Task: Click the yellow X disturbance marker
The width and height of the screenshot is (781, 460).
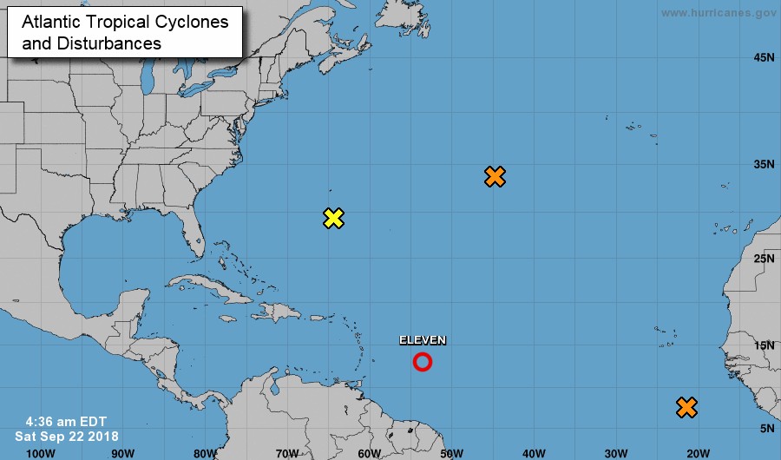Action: pos(333,218)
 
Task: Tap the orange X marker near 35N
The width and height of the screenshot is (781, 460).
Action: pos(495,176)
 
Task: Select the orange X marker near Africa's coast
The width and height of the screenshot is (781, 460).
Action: pos(686,406)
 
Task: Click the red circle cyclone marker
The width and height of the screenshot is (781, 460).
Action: pos(422,362)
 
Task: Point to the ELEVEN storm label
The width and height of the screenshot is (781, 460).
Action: pos(422,340)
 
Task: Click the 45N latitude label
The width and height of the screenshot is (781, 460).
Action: pos(764,58)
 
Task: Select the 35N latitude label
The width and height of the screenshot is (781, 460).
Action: pos(764,163)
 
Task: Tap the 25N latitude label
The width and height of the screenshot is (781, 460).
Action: pos(764,259)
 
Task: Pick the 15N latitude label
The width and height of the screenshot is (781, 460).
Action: pos(764,345)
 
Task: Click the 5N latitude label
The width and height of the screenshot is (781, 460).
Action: pos(767,428)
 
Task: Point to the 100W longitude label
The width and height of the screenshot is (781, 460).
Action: pos(41,452)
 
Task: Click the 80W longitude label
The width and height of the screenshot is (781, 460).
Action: pos(205,452)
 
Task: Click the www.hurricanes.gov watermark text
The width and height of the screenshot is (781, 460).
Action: pos(718,13)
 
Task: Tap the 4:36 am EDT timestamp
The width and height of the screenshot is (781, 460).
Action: pos(60,421)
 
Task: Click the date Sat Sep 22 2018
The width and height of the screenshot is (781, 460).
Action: pos(67,435)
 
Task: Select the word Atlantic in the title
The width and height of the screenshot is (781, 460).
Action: pos(51,23)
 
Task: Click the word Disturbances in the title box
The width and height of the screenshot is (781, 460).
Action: pos(110,43)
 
